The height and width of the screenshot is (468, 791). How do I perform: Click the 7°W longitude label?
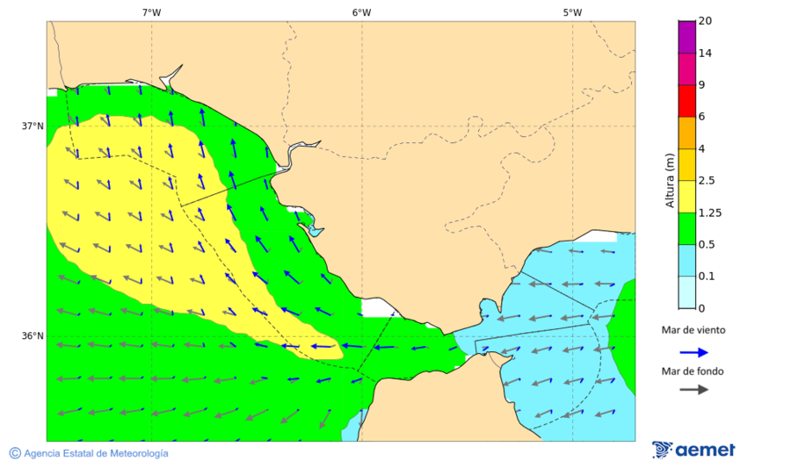(151, 12)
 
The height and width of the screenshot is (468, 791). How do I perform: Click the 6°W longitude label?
(361, 12)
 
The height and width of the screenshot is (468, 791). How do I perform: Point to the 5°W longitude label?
(572, 12)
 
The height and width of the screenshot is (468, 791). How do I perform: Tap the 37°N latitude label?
(33, 126)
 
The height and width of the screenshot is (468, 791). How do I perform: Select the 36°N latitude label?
(33, 336)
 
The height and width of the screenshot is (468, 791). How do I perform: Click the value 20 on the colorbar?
(705, 21)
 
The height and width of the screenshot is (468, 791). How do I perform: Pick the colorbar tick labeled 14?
(705, 53)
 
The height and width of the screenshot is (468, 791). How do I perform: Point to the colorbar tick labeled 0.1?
(707, 277)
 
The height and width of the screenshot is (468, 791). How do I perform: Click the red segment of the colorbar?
(686, 100)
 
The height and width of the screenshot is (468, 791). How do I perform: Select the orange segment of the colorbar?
(686, 133)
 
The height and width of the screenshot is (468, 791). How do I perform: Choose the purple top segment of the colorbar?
(686, 36)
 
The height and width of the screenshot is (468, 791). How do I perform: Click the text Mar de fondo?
(693, 371)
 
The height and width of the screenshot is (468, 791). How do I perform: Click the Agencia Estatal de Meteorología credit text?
(96, 453)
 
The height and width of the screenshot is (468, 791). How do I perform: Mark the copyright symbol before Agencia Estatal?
(15, 453)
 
